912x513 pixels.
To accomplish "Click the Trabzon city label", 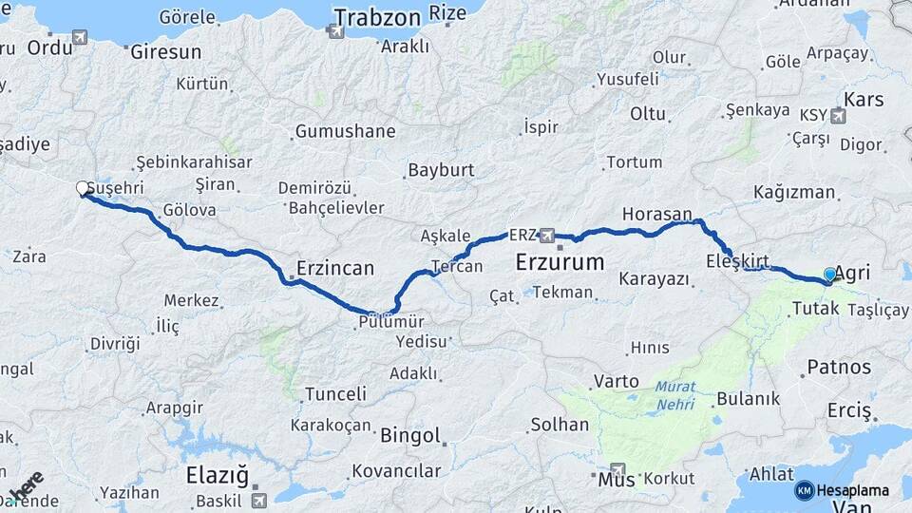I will point(376,17).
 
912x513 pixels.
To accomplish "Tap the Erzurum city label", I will point(560,261).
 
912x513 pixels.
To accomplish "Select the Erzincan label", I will point(335,268).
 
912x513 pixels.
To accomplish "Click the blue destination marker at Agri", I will point(830,275).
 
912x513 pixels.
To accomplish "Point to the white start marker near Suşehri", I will point(83,189).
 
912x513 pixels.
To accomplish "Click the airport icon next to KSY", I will point(838,117).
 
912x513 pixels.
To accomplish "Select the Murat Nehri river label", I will point(674,396).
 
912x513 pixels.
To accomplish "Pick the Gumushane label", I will point(345,131).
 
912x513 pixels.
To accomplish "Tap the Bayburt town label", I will point(440,171).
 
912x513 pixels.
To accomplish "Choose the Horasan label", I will point(657,215).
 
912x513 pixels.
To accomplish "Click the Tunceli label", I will point(335,393).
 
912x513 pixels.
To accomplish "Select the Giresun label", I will point(165,51).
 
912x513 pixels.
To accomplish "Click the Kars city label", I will point(864,100).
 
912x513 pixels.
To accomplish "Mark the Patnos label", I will point(839,367).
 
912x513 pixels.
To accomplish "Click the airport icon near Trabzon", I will point(334,31).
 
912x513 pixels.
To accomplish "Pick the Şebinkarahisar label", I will point(194,162).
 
